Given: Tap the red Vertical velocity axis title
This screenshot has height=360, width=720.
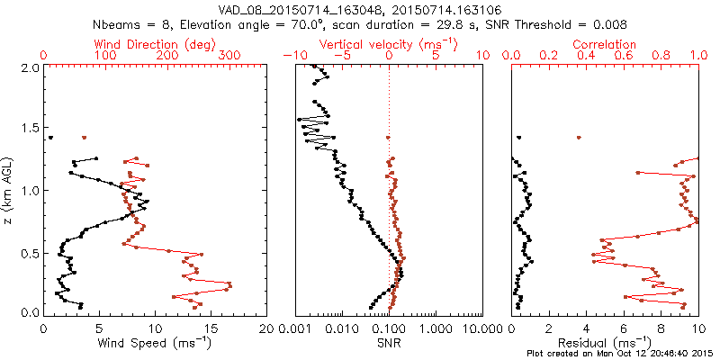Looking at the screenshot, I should [x=388, y=44].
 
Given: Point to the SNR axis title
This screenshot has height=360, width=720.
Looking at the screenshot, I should [x=389, y=344].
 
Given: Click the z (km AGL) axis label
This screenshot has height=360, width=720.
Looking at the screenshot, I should [x=10, y=189].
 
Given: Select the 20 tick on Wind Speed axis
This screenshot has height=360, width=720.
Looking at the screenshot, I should [x=266, y=328].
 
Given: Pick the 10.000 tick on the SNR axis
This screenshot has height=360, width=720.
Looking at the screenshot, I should [x=474, y=328].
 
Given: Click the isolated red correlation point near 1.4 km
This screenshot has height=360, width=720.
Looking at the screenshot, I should [x=579, y=138].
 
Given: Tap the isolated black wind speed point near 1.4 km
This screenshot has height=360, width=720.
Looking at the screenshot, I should [x=50, y=138].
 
